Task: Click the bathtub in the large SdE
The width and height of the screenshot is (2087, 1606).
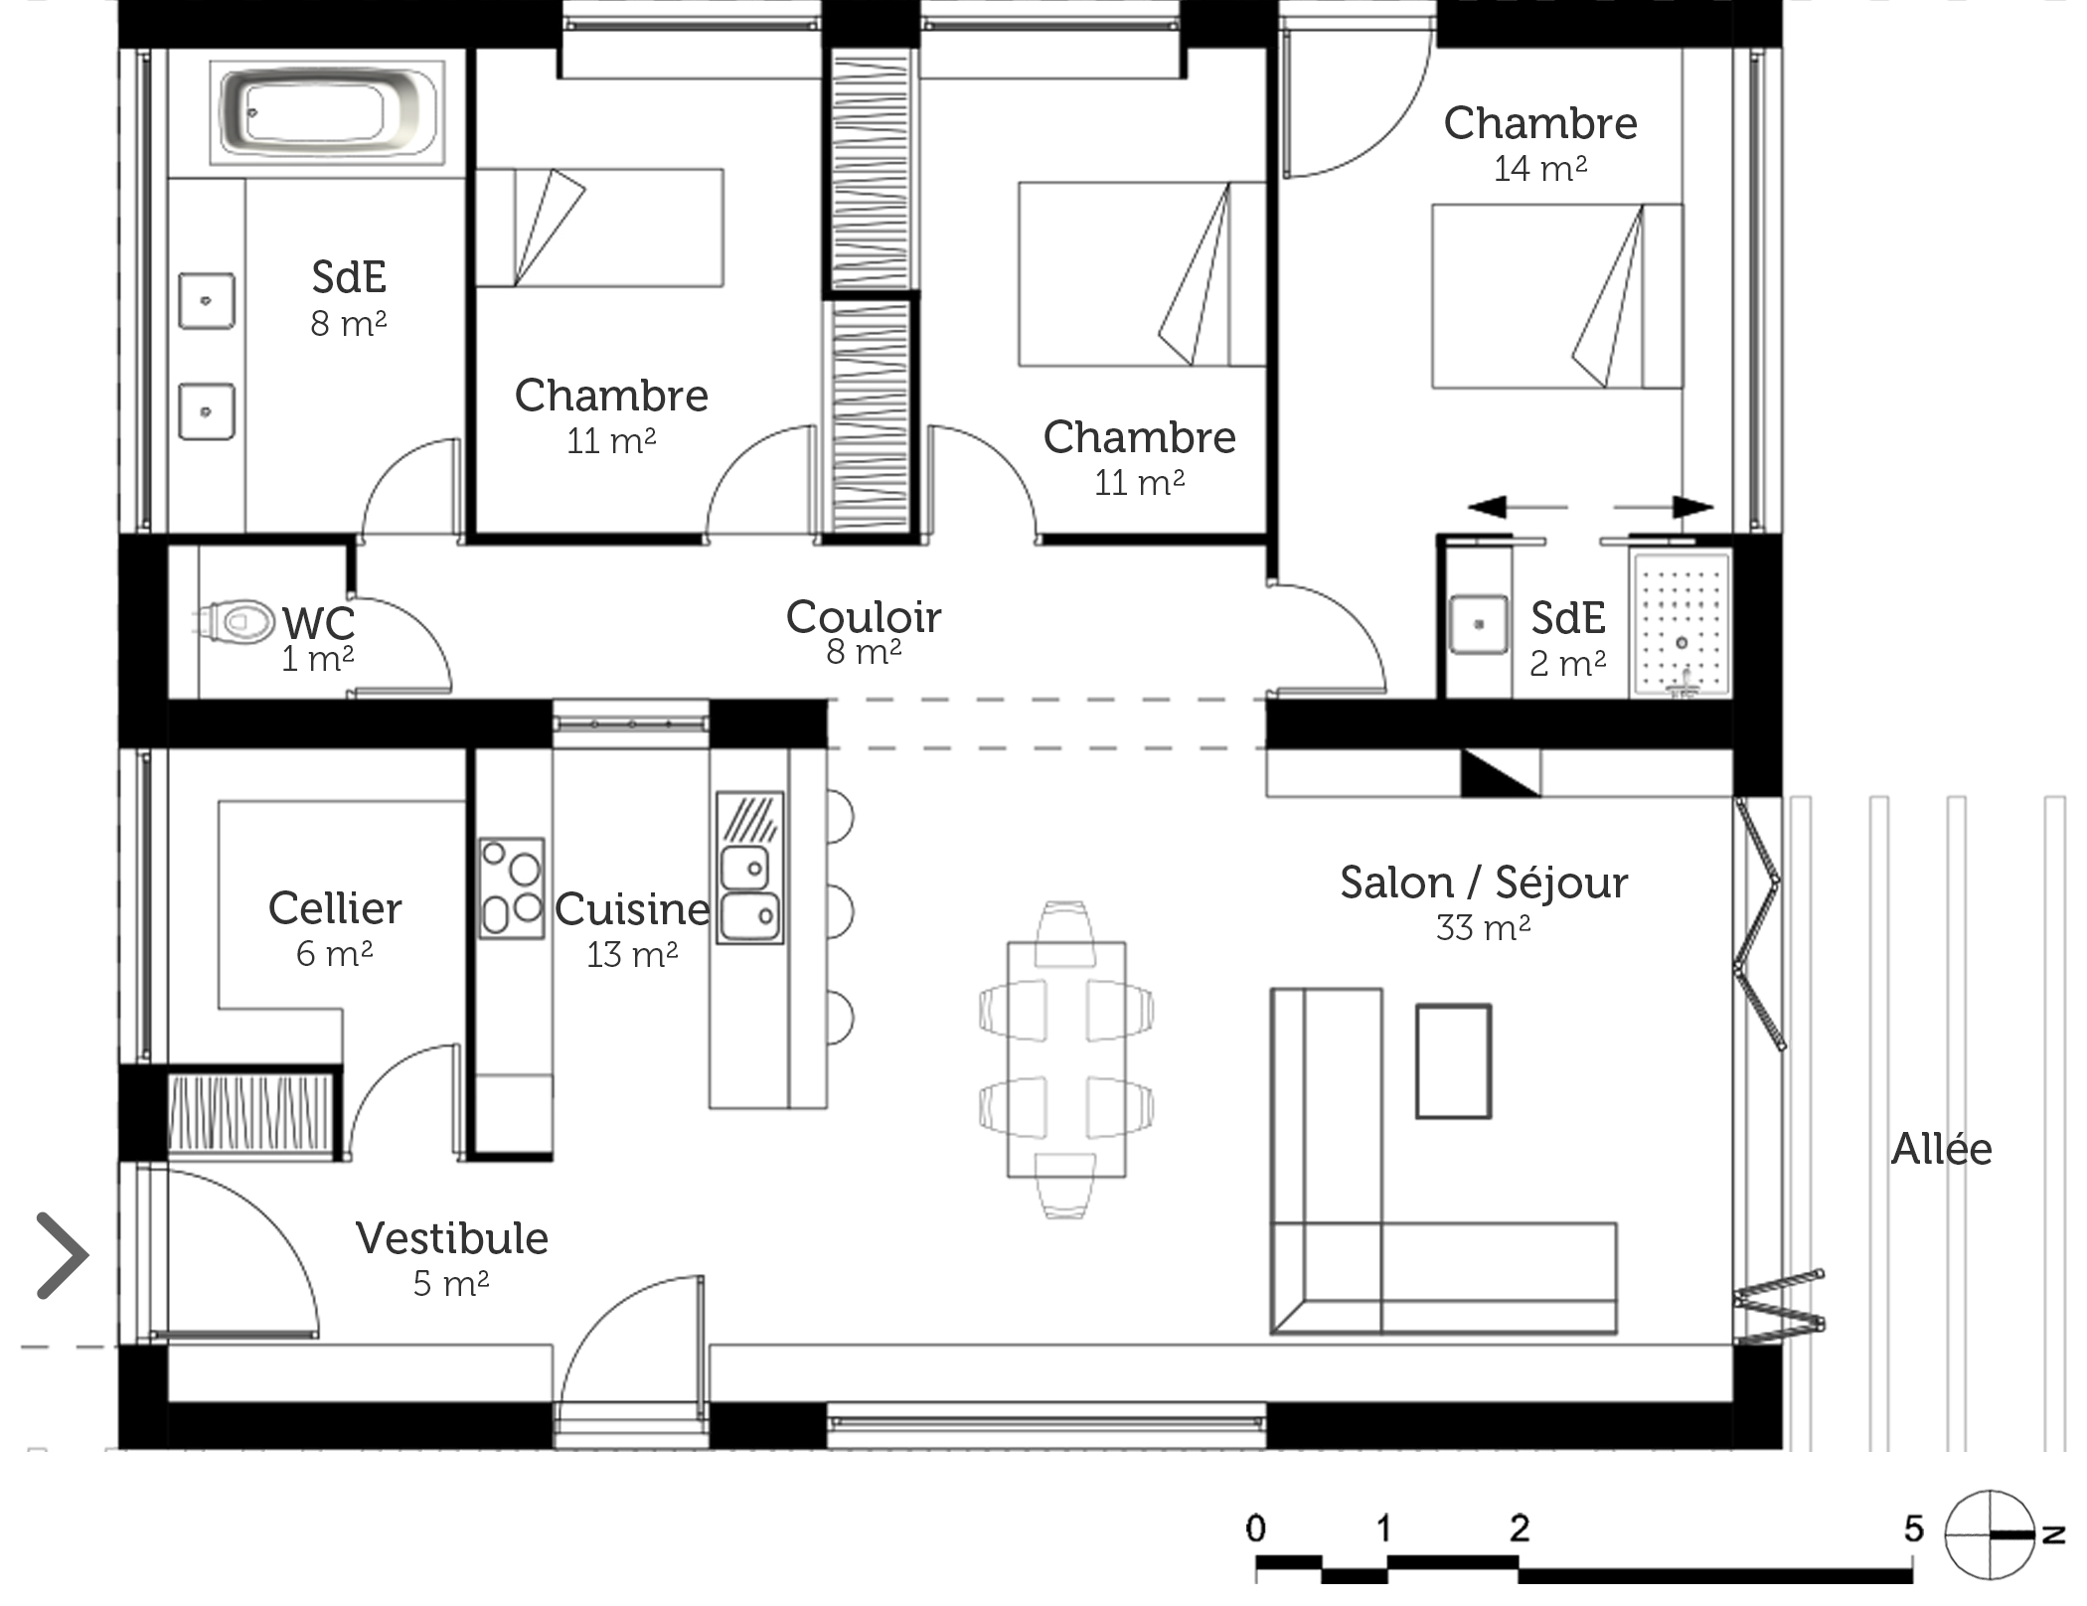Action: (327, 111)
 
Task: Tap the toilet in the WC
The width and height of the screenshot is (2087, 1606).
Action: (234, 622)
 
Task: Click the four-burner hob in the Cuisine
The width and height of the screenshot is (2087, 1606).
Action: (512, 888)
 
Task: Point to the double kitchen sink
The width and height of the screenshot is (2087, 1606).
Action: (750, 868)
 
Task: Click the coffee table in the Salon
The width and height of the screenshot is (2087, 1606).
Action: (1453, 1061)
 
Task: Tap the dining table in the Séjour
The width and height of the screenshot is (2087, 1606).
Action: (1066, 1059)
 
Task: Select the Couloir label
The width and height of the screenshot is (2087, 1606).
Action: (863, 617)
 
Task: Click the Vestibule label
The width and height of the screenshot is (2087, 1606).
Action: (452, 1238)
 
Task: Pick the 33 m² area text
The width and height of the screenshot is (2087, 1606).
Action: (1483, 927)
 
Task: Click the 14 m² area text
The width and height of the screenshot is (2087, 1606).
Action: (1539, 168)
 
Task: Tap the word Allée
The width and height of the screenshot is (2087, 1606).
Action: (1941, 1149)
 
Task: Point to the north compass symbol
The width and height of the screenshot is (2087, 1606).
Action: (1993, 1534)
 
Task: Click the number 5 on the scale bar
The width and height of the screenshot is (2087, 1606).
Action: (1913, 1527)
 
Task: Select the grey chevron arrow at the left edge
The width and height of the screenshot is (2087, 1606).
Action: (63, 1255)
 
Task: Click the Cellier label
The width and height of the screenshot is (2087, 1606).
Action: (335, 908)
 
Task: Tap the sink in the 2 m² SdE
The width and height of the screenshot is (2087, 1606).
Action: (1479, 624)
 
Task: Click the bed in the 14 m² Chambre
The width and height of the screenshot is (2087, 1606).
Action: (1557, 296)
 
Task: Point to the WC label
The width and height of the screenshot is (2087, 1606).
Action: (318, 623)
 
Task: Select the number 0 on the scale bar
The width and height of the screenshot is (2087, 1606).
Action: (1256, 1527)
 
